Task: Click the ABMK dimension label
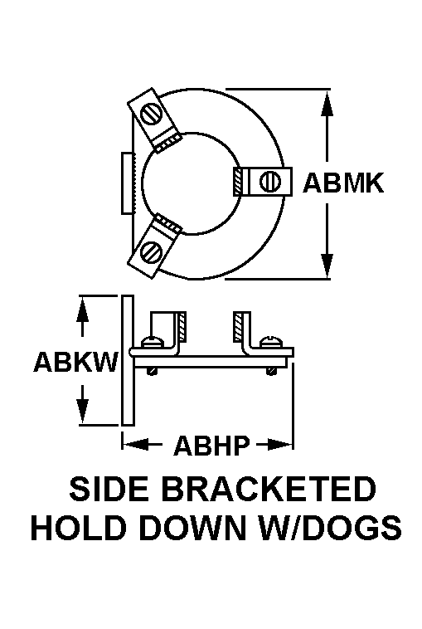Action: coord(343,183)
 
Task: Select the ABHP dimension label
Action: coord(211,445)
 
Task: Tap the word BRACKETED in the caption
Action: coord(270,488)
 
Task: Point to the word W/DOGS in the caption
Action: coord(330,527)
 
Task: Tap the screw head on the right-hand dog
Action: coord(269,182)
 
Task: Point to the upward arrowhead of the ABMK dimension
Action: coord(327,104)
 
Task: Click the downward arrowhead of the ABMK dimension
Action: coord(327,265)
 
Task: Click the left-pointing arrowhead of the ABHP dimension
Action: coord(136,444)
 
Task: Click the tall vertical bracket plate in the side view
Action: coord(128,360)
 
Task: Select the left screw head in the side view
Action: coord(153,342)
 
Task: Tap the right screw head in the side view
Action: coord(271,342)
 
